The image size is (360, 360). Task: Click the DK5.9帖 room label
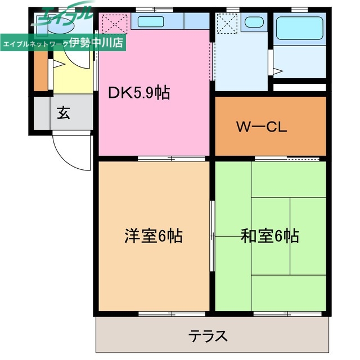(139, 93)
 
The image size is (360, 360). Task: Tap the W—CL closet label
(261, 126)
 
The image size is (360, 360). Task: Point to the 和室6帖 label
(269, 236)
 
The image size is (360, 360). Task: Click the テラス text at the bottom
(208, 336)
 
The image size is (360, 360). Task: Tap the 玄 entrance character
(62, 112)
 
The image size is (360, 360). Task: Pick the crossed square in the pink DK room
(114, 23)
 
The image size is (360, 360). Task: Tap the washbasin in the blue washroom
(254, 22)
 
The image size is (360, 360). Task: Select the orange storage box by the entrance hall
(40, 70)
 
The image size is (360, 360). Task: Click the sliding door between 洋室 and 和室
(212, 236)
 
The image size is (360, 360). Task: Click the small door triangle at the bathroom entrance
(277, 71)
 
